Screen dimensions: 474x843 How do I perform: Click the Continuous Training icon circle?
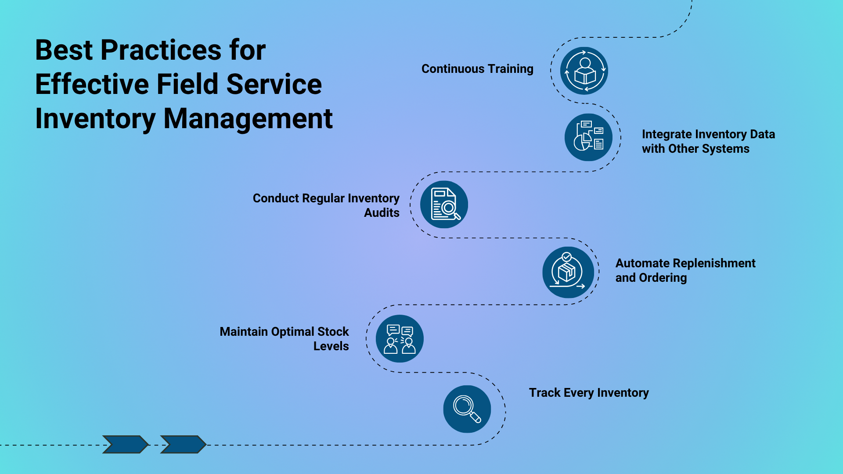tap(584, 71)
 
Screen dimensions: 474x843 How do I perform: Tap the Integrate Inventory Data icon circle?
tap(588, 137)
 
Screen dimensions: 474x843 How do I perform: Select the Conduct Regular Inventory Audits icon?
tap(444, 205)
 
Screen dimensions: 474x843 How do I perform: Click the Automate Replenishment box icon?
tap(568, 272)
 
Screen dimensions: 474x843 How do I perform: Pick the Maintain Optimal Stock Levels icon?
tap(400, 339)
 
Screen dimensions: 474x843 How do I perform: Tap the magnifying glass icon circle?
tap(467, 409)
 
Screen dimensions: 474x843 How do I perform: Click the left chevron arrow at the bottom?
tap(125, 444)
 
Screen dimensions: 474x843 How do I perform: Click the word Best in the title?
tap(64, 50)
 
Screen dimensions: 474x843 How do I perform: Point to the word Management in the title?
tap(248, 118)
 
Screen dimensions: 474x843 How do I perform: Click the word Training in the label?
tap(510, 69)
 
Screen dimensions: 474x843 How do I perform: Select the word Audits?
tap(382, 213)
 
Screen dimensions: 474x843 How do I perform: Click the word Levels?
tap(331, 346)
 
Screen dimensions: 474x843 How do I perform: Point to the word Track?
tap(544, 393)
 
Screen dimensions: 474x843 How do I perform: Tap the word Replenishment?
tap(711, 263)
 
